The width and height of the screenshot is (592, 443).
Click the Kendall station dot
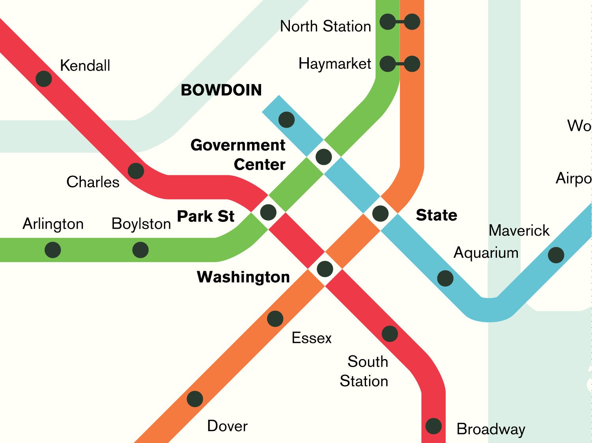[x=44, y=79]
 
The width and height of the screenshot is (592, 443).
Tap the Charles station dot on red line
[x=136, y=171]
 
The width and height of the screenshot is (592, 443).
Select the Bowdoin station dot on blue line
[x=286, y=120]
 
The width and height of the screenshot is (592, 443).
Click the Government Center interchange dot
[x=324, y=157]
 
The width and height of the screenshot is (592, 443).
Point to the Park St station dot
[x=268, y=212]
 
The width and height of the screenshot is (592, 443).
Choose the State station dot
[x=380, y=214]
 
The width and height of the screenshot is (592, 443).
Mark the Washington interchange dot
[x=325, y=269]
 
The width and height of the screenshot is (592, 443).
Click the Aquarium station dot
[x=445, y=278]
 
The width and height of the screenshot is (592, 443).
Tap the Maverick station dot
[x=556, y=255]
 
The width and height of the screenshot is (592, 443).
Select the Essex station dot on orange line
[x=275, y=318]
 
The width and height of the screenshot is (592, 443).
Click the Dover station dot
[x=195, y=399]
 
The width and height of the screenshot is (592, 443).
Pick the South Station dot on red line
[x=390, y=334]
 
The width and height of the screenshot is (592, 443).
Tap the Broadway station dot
[x=433, y=426]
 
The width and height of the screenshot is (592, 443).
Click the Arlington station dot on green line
[x=53, y=250]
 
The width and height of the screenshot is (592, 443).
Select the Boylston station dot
[x=140, y=250]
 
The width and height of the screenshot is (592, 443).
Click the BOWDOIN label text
[x=221, y=90]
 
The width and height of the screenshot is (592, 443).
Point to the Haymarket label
[x=334, y=64]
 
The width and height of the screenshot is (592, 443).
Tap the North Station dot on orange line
[x=412, y=22]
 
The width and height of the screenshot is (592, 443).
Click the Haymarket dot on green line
[x=387, y=64]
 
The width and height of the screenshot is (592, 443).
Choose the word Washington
[x=243, y=277]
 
